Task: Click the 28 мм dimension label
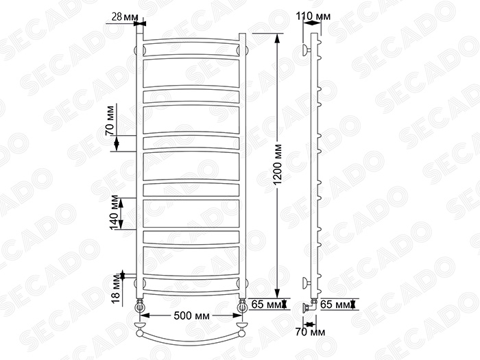tap(125, 17)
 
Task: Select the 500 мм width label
tap(191, 315)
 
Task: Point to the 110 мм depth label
tap(313, 16)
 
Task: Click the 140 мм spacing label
tap(114, 213)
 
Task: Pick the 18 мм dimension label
tap(117, 289)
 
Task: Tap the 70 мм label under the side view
tap(311, 332)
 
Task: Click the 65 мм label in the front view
tap(265, 304)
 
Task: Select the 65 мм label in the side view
tap(334, 304)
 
